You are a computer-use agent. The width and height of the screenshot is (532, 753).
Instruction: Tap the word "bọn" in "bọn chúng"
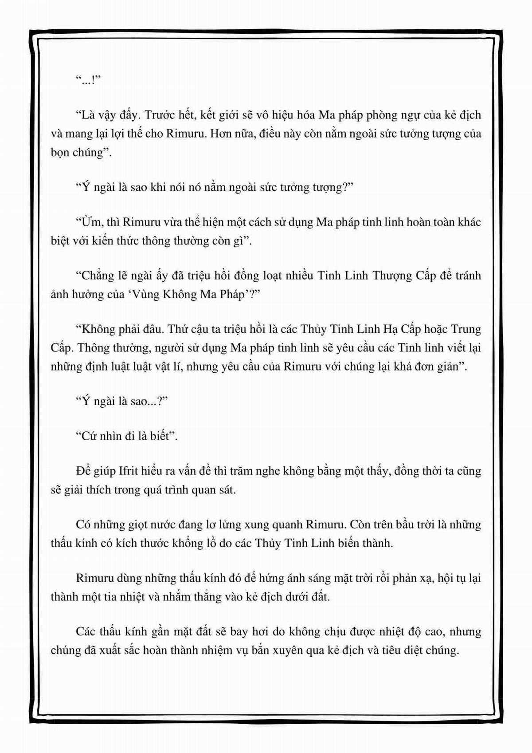pyautogui.click(x=59, y=153)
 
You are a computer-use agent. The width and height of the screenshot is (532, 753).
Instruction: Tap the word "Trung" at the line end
pyautogui.click(x=465, y=329)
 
